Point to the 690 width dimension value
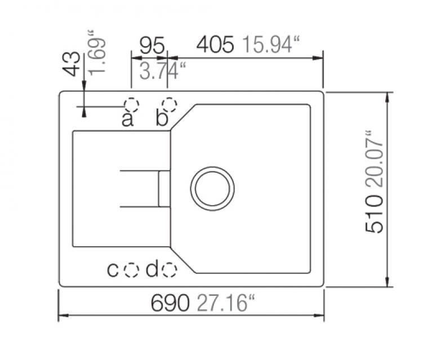coord(170,303)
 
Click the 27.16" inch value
coord(225,303)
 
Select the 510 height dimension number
coord(374,214)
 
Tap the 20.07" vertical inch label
coord(374,159)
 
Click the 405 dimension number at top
coord(215,44)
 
